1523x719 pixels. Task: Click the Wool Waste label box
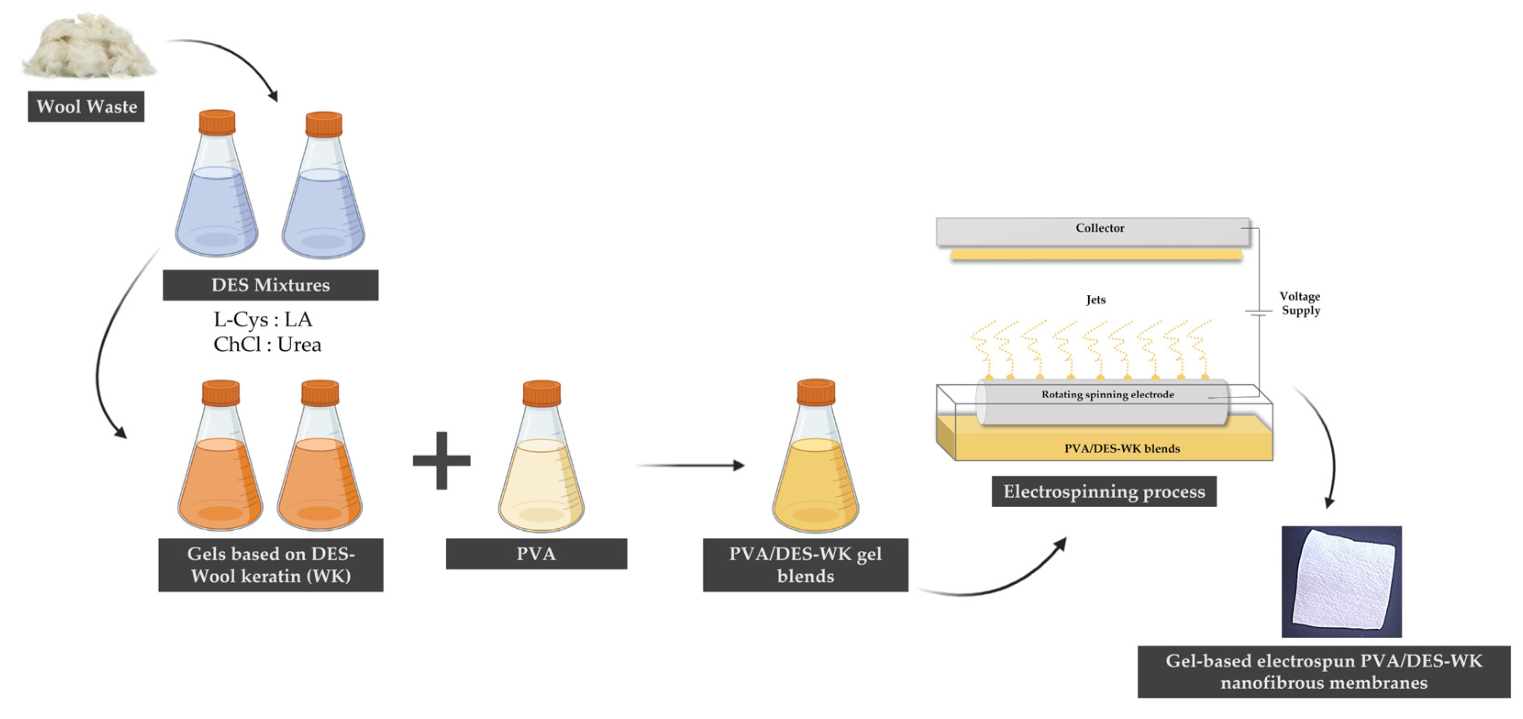(x=86, y=106)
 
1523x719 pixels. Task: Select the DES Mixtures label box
(x=270, y=285)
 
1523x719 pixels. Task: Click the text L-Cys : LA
(x=262, y=319)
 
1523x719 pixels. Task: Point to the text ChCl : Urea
(x=267, y=344)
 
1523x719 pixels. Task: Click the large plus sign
(x=442, y=460)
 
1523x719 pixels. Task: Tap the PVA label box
(x=536, y=554)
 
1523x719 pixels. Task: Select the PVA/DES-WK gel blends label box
(x=805, y=564)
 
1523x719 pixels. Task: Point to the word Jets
(x=1096, y=300)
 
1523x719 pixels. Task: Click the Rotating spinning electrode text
(x=1108, y=394)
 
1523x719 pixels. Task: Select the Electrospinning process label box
(x=1104, y=492)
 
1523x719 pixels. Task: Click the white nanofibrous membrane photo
(x=1341, y=582)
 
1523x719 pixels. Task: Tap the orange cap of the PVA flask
(x=541, y=393)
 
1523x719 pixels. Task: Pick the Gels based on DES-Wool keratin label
(x=271, y=564)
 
